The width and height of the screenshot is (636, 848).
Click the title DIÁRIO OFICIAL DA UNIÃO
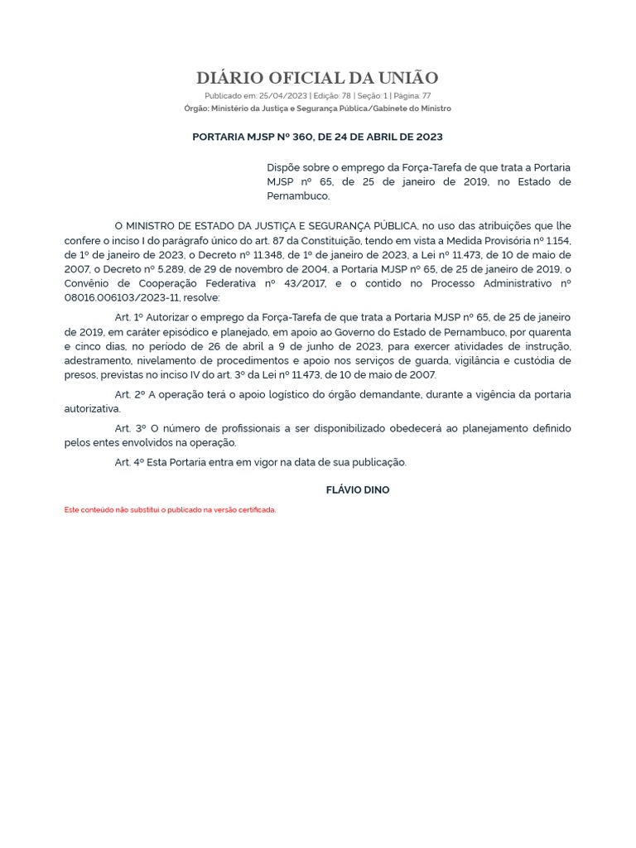pos(317,79)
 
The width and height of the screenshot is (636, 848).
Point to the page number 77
pos(426,96)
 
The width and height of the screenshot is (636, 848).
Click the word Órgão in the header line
pos(195,108)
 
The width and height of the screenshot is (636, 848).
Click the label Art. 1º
pos(129,317)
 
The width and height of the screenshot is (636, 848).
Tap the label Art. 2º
pos(129,394)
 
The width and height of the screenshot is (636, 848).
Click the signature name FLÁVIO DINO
pos(358,490)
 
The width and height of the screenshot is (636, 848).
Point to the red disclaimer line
pos(170,510)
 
